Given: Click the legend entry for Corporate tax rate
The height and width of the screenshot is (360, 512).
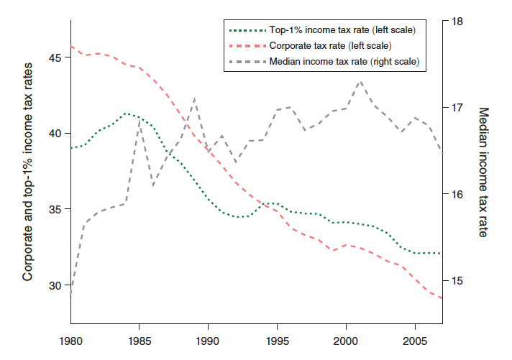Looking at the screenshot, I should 330,46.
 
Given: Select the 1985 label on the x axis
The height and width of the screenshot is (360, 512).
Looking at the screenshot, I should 140,340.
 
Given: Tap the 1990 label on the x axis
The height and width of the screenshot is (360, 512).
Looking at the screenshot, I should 208,340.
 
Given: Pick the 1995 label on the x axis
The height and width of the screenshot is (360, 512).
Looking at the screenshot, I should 276,340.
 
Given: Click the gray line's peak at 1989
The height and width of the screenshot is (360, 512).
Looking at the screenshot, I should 195,98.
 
